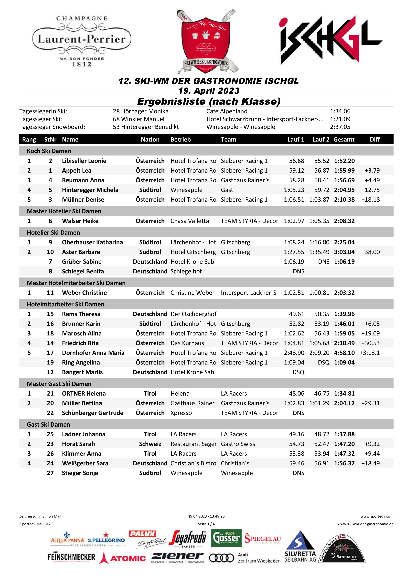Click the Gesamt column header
pos(344,139)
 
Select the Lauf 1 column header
pos(296,139)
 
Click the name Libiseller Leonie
pos(84,161)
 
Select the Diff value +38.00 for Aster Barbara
pos(370,252)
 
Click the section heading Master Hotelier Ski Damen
pos(64,211)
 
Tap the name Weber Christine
pos(84,293)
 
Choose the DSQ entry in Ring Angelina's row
pos(323,363)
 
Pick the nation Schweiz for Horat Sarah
pos(150,444)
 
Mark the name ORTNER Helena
pos(84,393)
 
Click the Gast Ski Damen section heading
pos(48,424)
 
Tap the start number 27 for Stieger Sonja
pos(50,473)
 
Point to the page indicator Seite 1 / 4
pos(206,524)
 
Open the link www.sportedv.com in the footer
pos(377,516)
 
